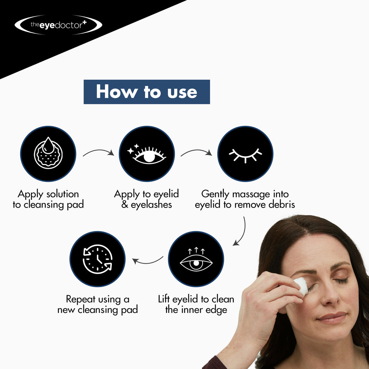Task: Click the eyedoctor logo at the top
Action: [x=58, y=25]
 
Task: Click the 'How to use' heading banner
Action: [x=146, y=92]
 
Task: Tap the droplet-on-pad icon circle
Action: [x=48, y=154]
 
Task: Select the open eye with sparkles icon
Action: [x=146, y=154]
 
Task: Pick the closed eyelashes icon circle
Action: [x=245, y=154]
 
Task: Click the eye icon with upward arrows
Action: [x=196, y=259]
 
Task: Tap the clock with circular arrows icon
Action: [x=98, y=259]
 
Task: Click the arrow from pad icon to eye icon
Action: [x=98, y=152]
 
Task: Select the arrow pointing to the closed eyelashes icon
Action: [x=196, y=152]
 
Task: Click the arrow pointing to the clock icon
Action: [x=148, y=262]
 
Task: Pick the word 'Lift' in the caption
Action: [x=165, y=299]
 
